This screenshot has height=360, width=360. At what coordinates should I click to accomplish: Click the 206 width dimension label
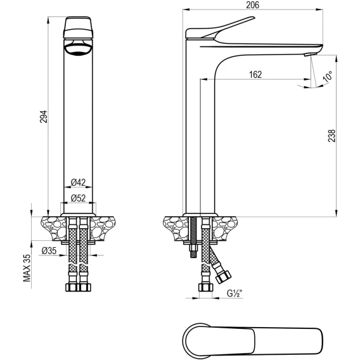[252, 5]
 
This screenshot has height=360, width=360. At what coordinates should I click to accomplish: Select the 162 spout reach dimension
[255, 75]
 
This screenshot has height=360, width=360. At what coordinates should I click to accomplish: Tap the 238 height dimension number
[331, 136]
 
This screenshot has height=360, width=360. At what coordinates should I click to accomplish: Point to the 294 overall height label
[43, 117]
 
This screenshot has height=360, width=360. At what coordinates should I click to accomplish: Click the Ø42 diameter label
[78, 183]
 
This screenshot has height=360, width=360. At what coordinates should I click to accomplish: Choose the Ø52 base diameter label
[78, 198]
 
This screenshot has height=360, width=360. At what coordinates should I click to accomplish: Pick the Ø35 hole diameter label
[49, 251]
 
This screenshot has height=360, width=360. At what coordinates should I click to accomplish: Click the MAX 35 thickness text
[27, 268]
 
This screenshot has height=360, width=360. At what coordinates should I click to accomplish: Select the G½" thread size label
[235, 293]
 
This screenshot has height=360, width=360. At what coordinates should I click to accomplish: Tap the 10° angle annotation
[328, 77]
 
